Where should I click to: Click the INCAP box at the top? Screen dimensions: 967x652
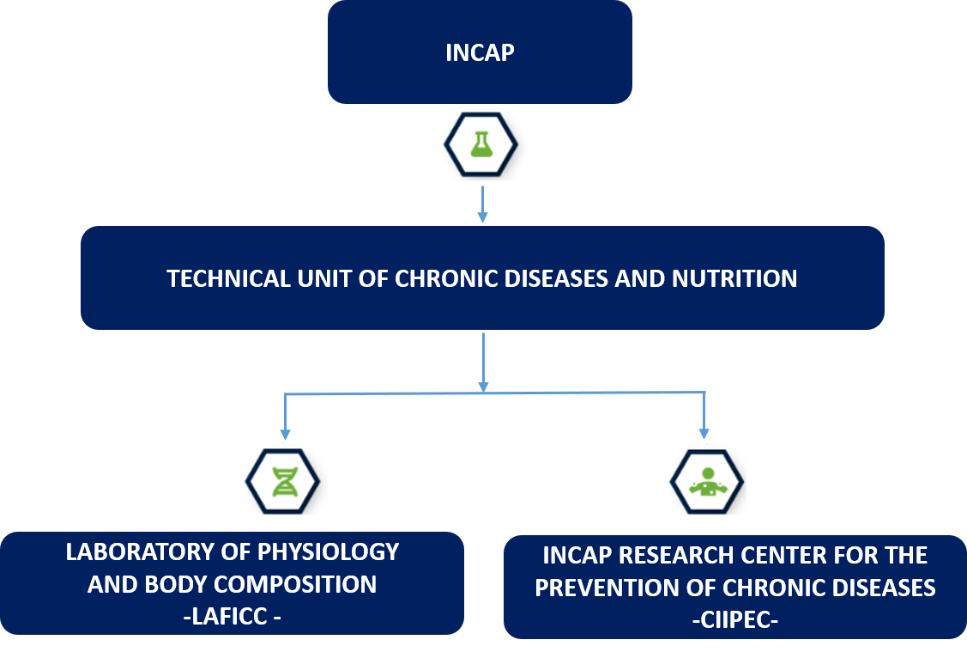[x=480, y=52]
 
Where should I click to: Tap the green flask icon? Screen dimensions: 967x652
[x=481, y=144]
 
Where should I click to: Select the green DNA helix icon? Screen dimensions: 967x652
[x=284, y=482]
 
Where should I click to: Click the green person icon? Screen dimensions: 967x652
[x=708, y=482]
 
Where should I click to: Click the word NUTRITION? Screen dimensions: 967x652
[x=734, y=278]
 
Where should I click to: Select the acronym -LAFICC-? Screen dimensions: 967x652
[x=233, y=616]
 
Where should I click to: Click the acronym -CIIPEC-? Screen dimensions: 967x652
[x=735, y=619]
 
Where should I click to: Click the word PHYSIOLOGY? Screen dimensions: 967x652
[x=328, y=552]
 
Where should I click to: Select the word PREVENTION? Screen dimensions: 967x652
[x=607, y=588]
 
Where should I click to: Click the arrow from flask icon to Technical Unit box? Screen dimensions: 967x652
[x=482, y=204]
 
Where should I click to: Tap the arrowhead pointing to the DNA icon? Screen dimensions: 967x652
[x=285, y=434]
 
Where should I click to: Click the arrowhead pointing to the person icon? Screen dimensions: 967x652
[x=704, y=434]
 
